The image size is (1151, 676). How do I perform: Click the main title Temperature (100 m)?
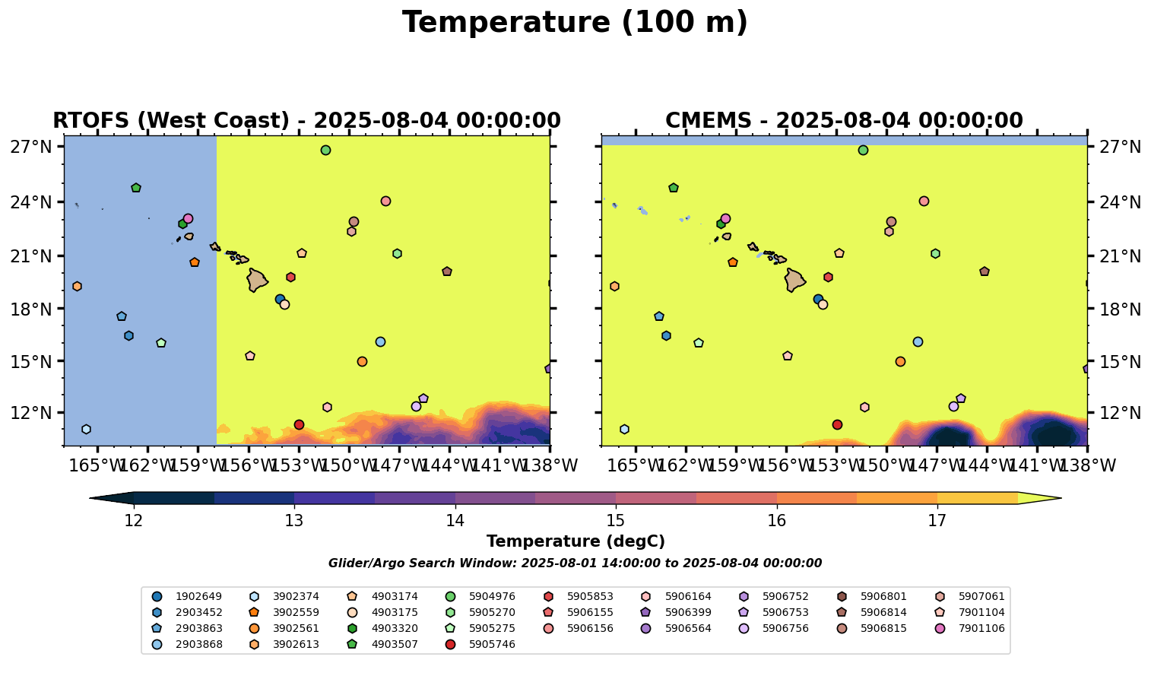tap(575, 23)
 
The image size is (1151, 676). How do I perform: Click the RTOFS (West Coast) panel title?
tap(306, 121)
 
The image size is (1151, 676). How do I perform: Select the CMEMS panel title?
tap(844, 121)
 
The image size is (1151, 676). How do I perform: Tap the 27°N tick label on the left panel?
tap(30, 147)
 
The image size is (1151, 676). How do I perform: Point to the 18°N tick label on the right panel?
tap(1119, 309)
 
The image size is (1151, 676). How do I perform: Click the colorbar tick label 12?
tap(134, 521)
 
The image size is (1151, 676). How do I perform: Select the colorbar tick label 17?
tap(937, 521)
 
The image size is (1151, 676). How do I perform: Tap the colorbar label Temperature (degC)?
tap(575, 541)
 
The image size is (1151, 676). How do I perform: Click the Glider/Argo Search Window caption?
tap(575, 563)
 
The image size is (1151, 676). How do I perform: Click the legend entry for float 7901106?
tap(981, 628)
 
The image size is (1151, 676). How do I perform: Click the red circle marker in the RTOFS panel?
tap(299, 424)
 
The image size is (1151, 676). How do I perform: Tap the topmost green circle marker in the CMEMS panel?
tap(863, 150)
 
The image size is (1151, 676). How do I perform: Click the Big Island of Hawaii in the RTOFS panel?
tap(257, 280)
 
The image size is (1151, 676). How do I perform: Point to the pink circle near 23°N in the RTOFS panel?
tap(188, 218)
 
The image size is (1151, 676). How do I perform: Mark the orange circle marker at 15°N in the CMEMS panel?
tap(900, 361)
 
